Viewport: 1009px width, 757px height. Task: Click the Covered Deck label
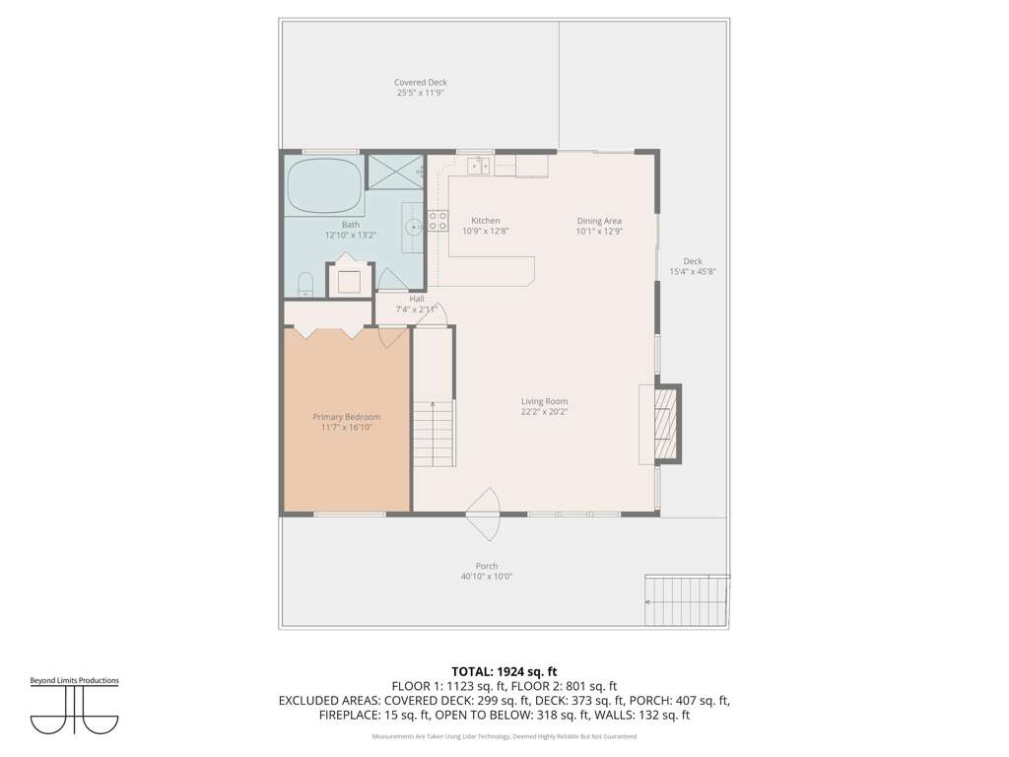420,83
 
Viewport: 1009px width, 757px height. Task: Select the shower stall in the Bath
395,172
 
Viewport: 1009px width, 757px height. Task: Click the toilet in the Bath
305,284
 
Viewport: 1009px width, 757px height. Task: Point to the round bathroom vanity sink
413,227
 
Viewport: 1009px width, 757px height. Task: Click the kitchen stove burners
437,221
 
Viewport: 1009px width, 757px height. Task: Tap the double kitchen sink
479,166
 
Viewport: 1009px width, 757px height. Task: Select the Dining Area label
599,221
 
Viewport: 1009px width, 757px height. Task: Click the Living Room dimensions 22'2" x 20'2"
544,412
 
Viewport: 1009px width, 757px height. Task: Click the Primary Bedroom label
347,417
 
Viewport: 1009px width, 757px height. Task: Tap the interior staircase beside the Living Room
434,433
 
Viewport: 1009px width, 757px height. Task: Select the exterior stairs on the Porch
687,600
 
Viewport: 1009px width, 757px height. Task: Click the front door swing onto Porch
483,515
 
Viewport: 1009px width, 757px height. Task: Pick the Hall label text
417,300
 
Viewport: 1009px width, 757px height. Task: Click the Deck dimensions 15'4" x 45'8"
693,272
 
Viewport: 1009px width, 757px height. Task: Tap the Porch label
487,567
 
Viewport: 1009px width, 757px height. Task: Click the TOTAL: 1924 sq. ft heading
504,672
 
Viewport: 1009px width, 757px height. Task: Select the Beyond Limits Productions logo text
75,680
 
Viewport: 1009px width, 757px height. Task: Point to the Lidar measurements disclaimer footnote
504,736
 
